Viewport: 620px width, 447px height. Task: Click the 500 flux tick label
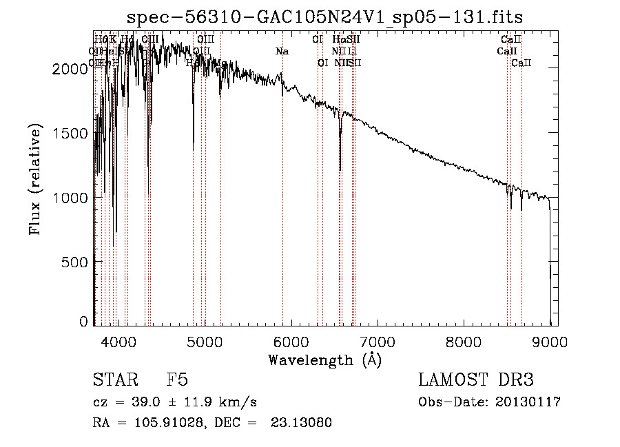tap(76, 262)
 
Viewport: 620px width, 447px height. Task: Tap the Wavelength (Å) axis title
tap(324, 360)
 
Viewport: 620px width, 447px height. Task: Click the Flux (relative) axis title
tap(35, 179)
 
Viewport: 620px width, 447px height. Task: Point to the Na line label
tap(282, 51)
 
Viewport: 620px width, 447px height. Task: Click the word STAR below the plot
tap(114, 380)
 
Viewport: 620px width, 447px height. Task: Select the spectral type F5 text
tap(177, 380)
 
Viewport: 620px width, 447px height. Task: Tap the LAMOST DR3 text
tap(475, 380)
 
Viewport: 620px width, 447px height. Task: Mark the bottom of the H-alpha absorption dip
tap(340, 169)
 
